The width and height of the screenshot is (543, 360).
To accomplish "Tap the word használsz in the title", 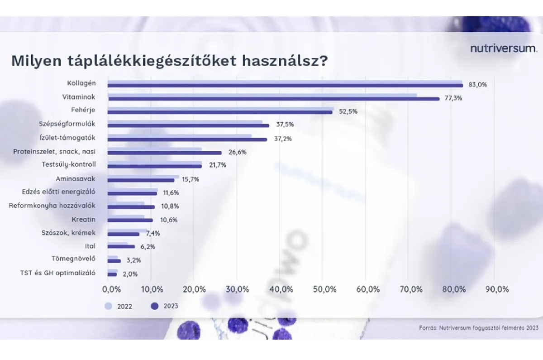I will click(285, 61).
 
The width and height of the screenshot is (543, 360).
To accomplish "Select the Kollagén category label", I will click(81, 83).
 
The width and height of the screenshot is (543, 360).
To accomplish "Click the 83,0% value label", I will click(478, 85).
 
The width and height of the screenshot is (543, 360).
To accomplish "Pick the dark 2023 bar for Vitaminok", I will click(274, 98).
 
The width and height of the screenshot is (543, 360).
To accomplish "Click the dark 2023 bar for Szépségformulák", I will click(188, 125).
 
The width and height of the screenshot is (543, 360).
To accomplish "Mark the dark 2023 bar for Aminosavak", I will click(141, 180).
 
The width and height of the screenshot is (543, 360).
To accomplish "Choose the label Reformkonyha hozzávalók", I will click(52, 206).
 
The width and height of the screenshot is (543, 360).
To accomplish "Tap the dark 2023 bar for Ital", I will click(121, 247).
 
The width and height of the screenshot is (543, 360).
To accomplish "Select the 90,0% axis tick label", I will click(496, 289).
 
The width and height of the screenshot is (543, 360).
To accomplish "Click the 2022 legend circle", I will click(108, 306).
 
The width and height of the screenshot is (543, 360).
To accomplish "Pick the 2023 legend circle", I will click(155, 306).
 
